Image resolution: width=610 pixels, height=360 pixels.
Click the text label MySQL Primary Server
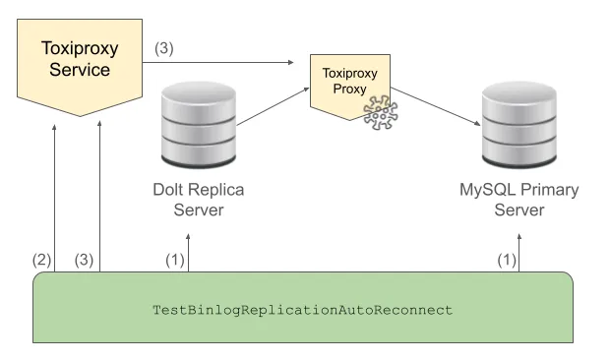pos(518,200)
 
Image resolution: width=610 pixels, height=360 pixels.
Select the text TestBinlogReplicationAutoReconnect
pos(302,309)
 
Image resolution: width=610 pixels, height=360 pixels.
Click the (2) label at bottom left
pos(41,260)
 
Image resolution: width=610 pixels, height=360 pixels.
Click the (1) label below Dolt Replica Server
pos(174,260)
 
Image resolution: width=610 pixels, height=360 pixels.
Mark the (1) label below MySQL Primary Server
pos(505,260)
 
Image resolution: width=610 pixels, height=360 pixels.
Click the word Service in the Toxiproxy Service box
pos(75,72)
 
